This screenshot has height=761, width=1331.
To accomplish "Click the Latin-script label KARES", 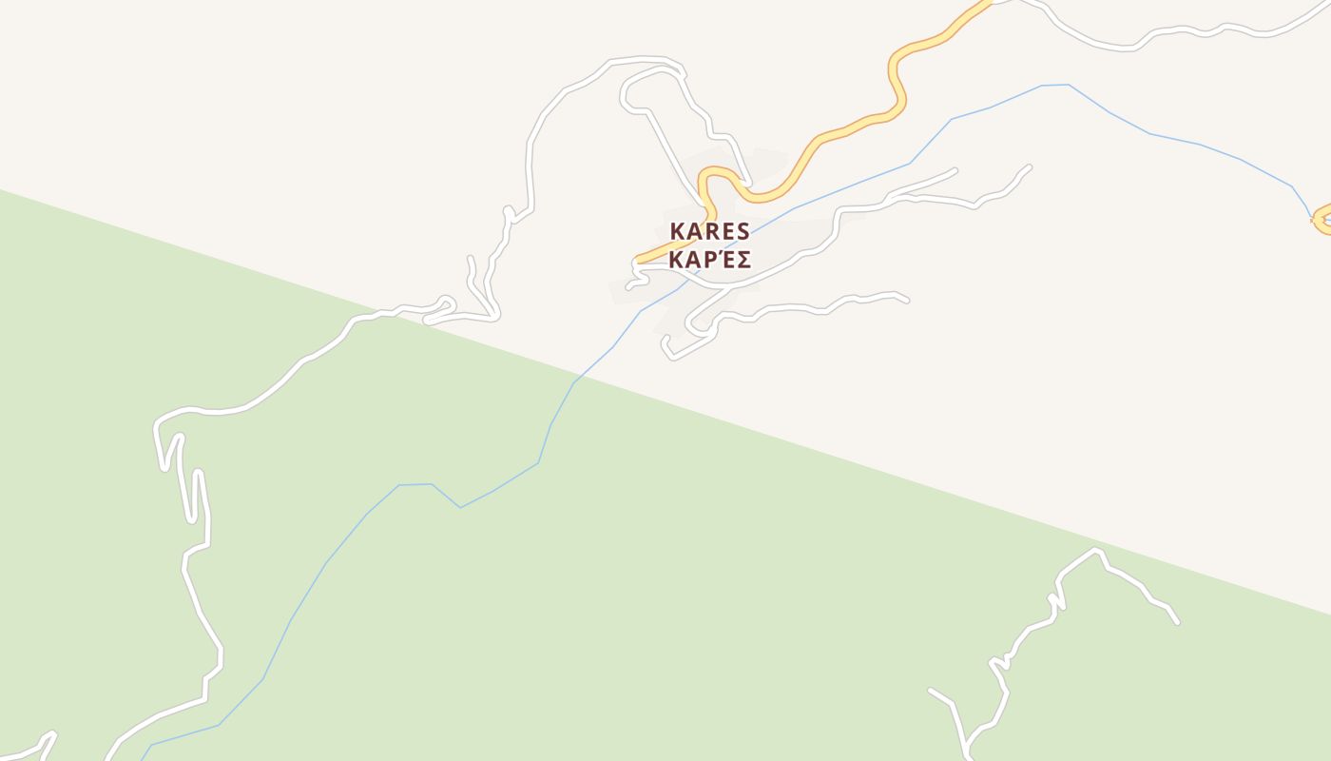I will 709,231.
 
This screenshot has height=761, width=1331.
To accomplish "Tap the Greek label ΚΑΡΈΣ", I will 709,260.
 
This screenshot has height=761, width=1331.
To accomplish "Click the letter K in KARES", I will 677,231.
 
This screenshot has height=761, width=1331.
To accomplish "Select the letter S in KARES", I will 743,231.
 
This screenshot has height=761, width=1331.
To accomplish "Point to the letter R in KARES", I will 710,231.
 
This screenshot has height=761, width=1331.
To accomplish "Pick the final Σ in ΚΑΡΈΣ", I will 743,260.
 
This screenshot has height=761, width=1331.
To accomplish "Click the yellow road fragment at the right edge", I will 1321,221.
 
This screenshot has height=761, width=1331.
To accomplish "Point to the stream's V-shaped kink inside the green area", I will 460,507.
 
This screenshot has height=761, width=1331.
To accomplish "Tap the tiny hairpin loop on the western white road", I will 445,304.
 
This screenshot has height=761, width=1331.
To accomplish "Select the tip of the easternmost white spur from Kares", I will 1029,168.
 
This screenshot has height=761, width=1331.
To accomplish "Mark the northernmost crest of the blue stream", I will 1055,85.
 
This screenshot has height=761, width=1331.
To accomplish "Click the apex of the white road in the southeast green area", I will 1097,550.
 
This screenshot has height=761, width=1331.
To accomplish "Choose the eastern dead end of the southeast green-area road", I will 1177,622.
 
